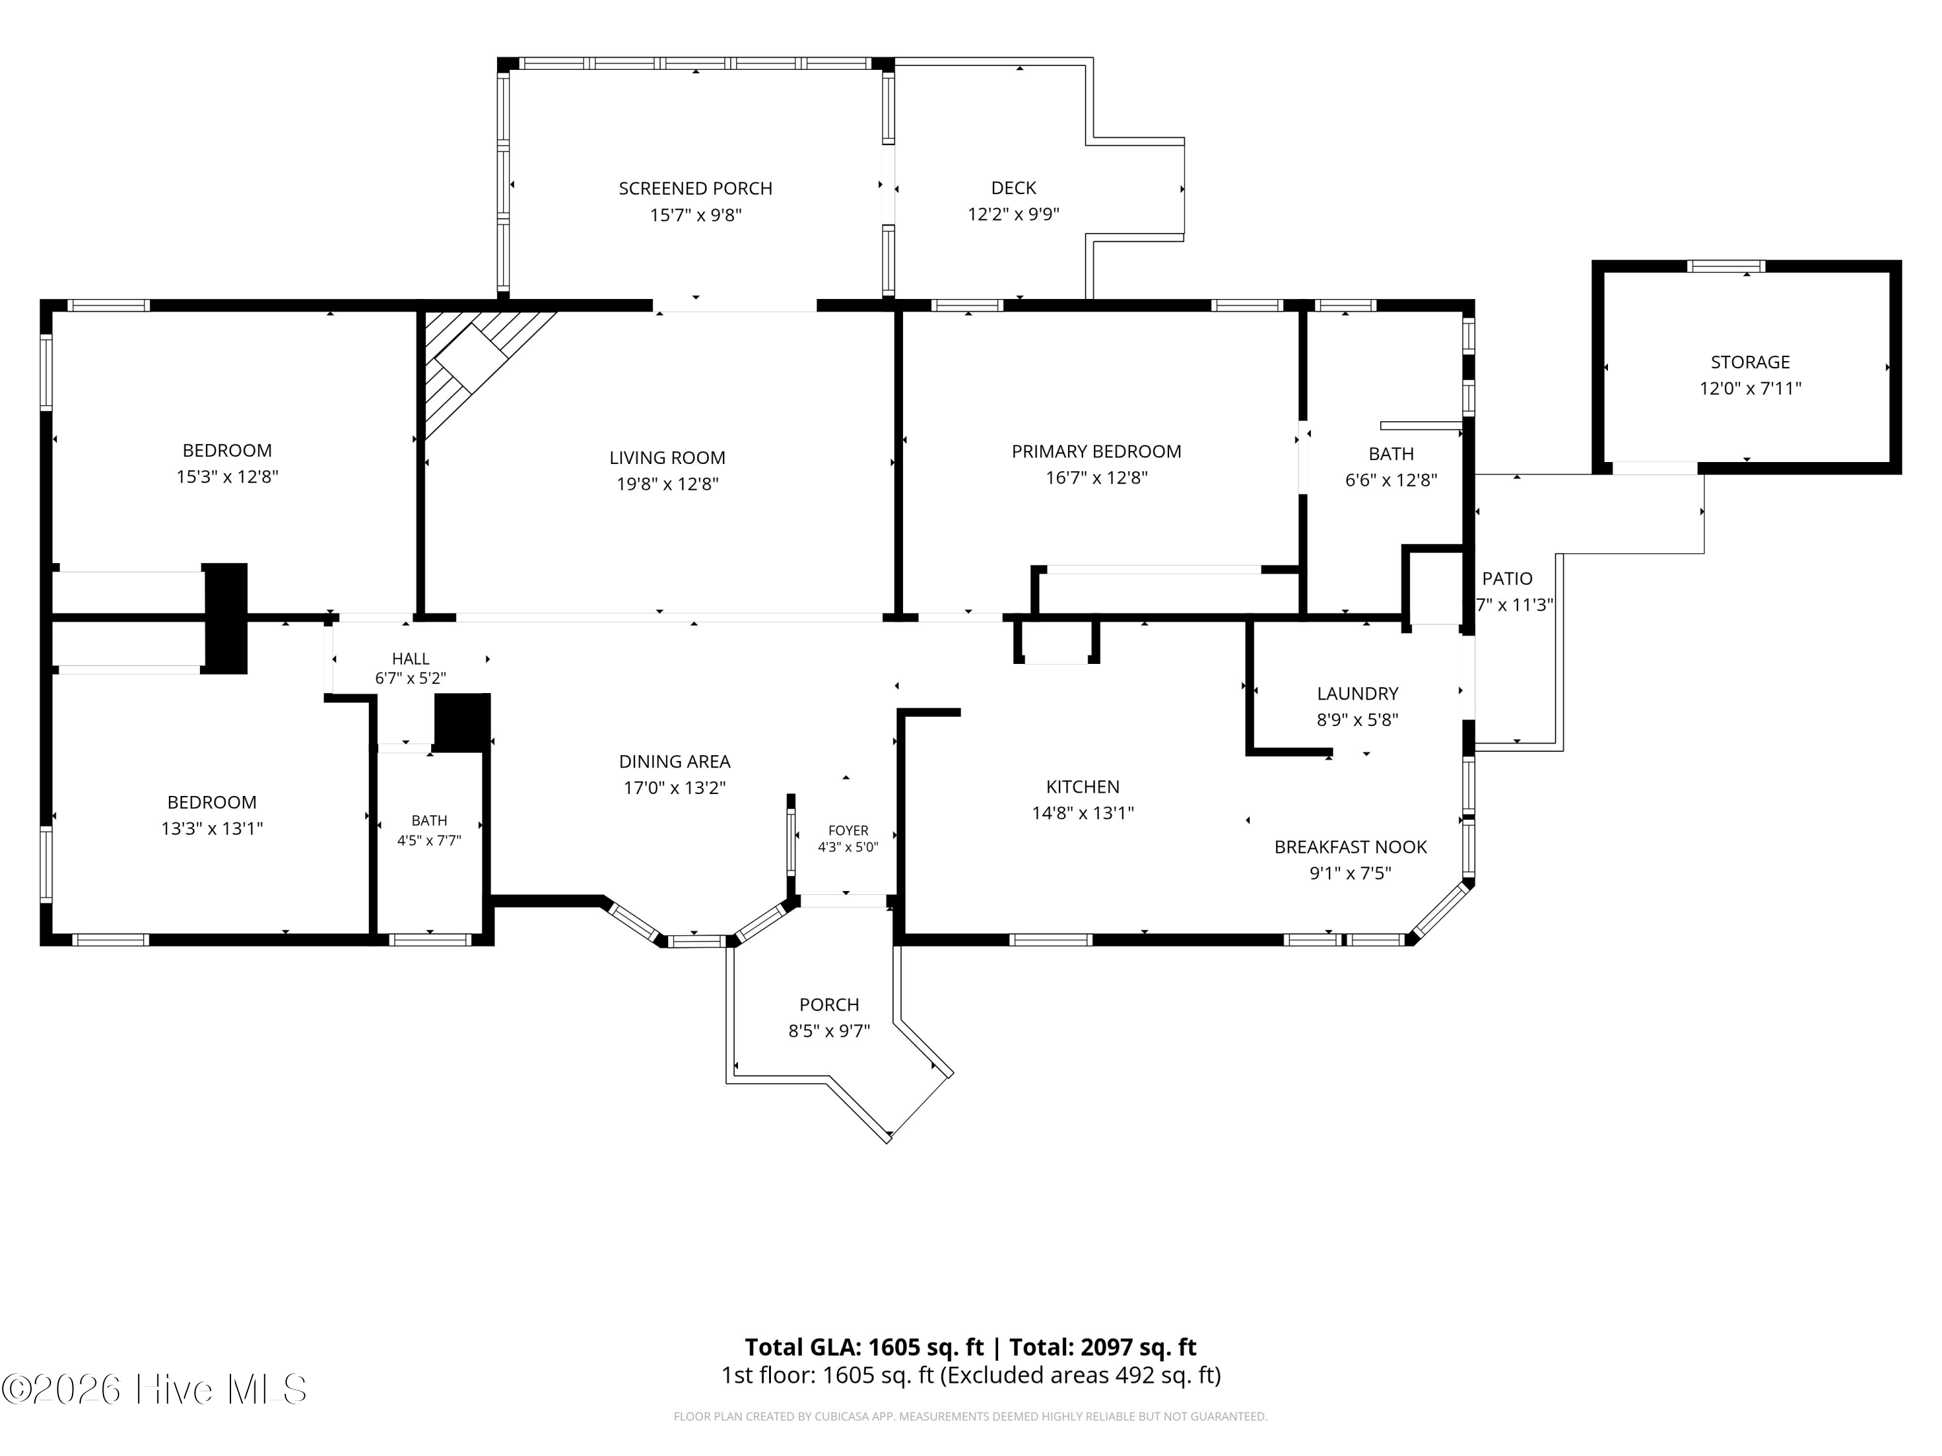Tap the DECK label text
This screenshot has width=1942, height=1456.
click(x=1013, y=188)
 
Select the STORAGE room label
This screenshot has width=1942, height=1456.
click(x=1750, y=362)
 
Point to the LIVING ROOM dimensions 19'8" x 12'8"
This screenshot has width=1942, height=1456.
click(x=667, y=483)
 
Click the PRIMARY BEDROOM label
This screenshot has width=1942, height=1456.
click(x=1097, y=451)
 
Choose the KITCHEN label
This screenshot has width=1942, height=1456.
click(x=1082, y=786)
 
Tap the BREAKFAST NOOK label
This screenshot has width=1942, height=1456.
click(x=1350, y=847)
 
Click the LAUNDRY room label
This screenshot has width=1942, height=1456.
click(x=1357, y=693)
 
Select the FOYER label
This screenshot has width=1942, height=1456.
click(x=848, y=830)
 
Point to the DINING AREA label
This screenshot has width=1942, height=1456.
click(x=675, y=762)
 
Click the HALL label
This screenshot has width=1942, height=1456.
click(x=411, y=658)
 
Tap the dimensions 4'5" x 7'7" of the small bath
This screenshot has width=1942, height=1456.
click(x=429, y=840)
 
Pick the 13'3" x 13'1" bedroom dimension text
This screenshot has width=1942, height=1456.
click(x=212, y=828)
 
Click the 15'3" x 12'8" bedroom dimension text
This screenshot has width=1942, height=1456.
click(x=227, y=476)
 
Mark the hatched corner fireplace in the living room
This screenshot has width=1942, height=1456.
click(x=478, y=360)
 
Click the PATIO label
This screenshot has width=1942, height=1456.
click(x=1508, y=579)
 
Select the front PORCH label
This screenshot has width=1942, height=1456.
click(x=829, y=1004)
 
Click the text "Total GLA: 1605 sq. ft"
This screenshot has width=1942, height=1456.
click(x=864, y=1347)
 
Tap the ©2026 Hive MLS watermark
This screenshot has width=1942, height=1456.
click(x=155, y=1389)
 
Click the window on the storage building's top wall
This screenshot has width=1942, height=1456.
click(x=1726, y=266)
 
